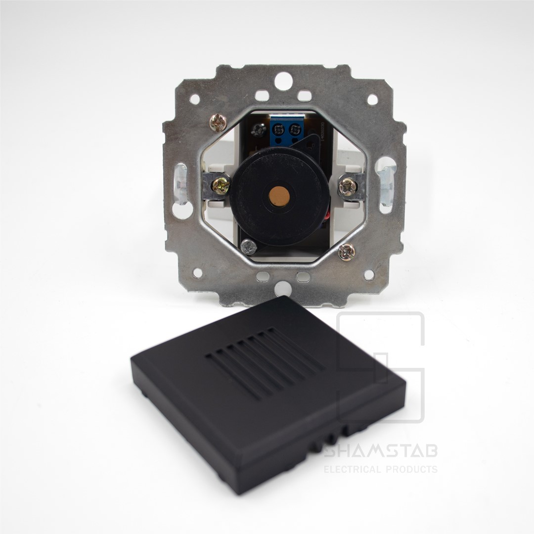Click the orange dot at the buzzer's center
pyautogui.click(x=279, y=196)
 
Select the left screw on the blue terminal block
pyautogui.click(x=278, y=130)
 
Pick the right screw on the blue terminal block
pyautogui.click(x=294, y=130)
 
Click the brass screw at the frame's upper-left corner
pyautogui.click(x=218, y=122)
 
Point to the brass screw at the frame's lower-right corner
pyautogui.click(x=347, y=252)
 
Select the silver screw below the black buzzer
pyautogui.click(x=248, y=247)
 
